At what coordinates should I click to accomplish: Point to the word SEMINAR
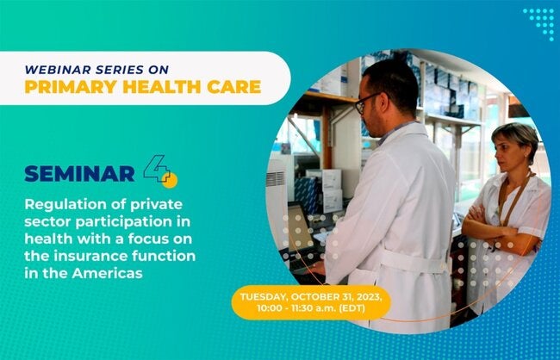pos(79,174)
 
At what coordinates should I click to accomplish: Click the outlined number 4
pos(157,169)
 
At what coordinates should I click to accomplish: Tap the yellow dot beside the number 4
pos(170,180)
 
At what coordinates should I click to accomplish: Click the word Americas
pos(107,273)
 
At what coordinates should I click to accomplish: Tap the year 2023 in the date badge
pos(370,297)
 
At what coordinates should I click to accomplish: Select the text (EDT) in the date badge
pos(352,308)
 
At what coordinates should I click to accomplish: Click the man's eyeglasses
pos(365,102)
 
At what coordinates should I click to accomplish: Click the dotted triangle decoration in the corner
pos(540,22)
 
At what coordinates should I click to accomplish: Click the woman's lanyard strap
pos(513,200)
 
